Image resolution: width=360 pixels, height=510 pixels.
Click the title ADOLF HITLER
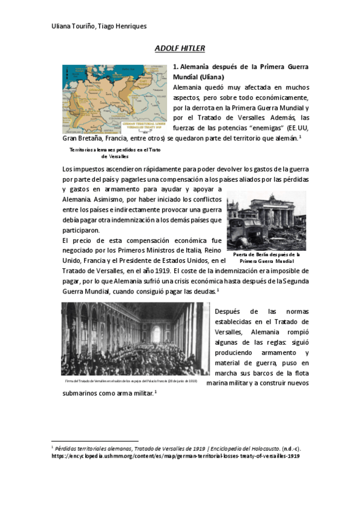coord(180,48)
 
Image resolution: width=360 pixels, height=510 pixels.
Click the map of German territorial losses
coord(114,99)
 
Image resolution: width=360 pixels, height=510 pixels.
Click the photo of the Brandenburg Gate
coord(266,220)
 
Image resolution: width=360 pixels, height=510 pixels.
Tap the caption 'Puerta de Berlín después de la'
coord(266,254)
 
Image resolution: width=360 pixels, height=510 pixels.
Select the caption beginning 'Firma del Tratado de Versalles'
coord(131,381)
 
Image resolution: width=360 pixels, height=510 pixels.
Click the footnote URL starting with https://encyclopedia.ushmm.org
coord(175,456)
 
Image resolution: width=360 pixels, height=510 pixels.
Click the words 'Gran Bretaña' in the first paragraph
coord(84,138)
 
